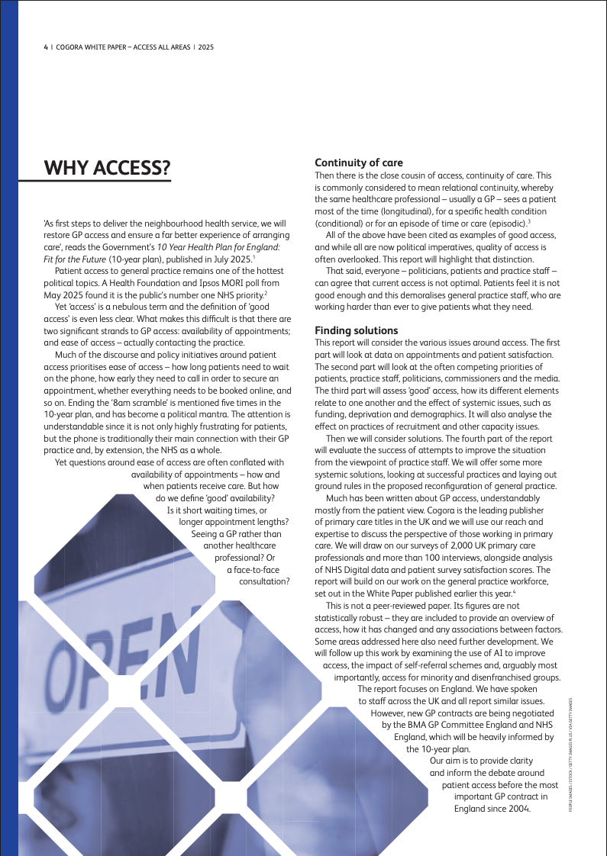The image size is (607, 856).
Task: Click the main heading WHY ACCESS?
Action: click(107, 167)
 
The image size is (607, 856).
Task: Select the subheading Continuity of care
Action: click(359, 163)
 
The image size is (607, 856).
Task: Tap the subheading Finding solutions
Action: click(357, 330)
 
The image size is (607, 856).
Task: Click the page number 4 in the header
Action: click(45, 47)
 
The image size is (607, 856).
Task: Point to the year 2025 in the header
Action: click(205, 47)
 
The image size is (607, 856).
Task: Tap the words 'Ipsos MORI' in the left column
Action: click(214, 283)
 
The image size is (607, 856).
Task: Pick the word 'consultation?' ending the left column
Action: click(264, 581)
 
